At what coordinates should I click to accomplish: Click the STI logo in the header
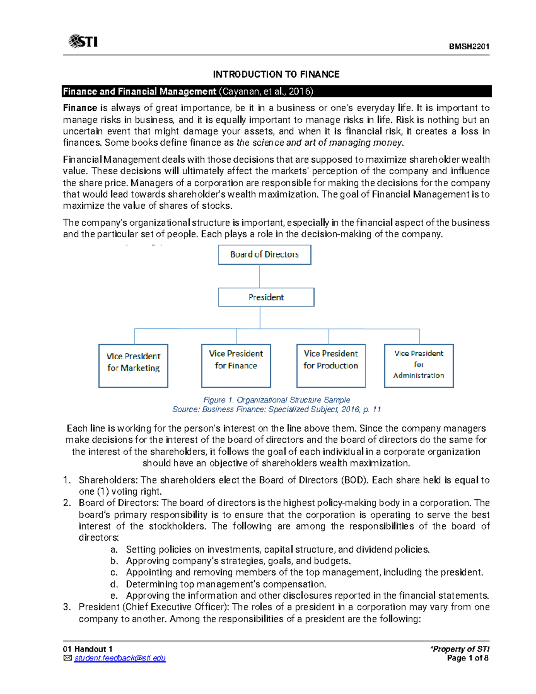pyautogui.click(x=83, y=42)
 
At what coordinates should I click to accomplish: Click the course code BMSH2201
pyautogui.click(x=469, y=46)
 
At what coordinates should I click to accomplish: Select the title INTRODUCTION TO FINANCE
pyautogui.click(x=276, y=74)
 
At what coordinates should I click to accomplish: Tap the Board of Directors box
pyautogui.click(x=264, y=254)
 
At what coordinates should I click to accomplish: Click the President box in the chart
pyautogui.click(x=266, y=297)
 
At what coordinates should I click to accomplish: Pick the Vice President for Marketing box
pyautogui.click(x=133, y=365)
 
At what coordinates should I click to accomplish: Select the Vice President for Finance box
pyautogui.click(x=236, y=365)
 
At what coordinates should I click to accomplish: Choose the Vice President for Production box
pyautogui.click(x=331, y=365)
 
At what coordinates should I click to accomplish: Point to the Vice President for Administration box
pyautogui.click(x=419, y=365)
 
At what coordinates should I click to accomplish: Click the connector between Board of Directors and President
pyautogui.click(x=260, y=276)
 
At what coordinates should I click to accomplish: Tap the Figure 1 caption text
pyautogui.click(x=276, y=400)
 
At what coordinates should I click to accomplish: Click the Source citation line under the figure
pyautogui.click(x=276, y=409)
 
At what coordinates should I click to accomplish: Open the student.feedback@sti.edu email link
pyautogui.click(x=120, y=658)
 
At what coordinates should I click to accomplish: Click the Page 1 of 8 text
pyautogui.click(x=468, y=658)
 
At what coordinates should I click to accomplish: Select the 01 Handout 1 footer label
pyautogui.click(x=88, y=649)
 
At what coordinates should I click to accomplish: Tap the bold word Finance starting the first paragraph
pyautogui.click(x=80, y=108)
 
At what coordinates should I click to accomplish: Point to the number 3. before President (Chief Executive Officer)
pyautogui.click(x=67, y=607)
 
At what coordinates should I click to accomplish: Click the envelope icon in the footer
pyautogui.click(x=67, y=658)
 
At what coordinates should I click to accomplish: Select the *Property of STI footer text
pyautogui.click(x=460, y=649)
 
